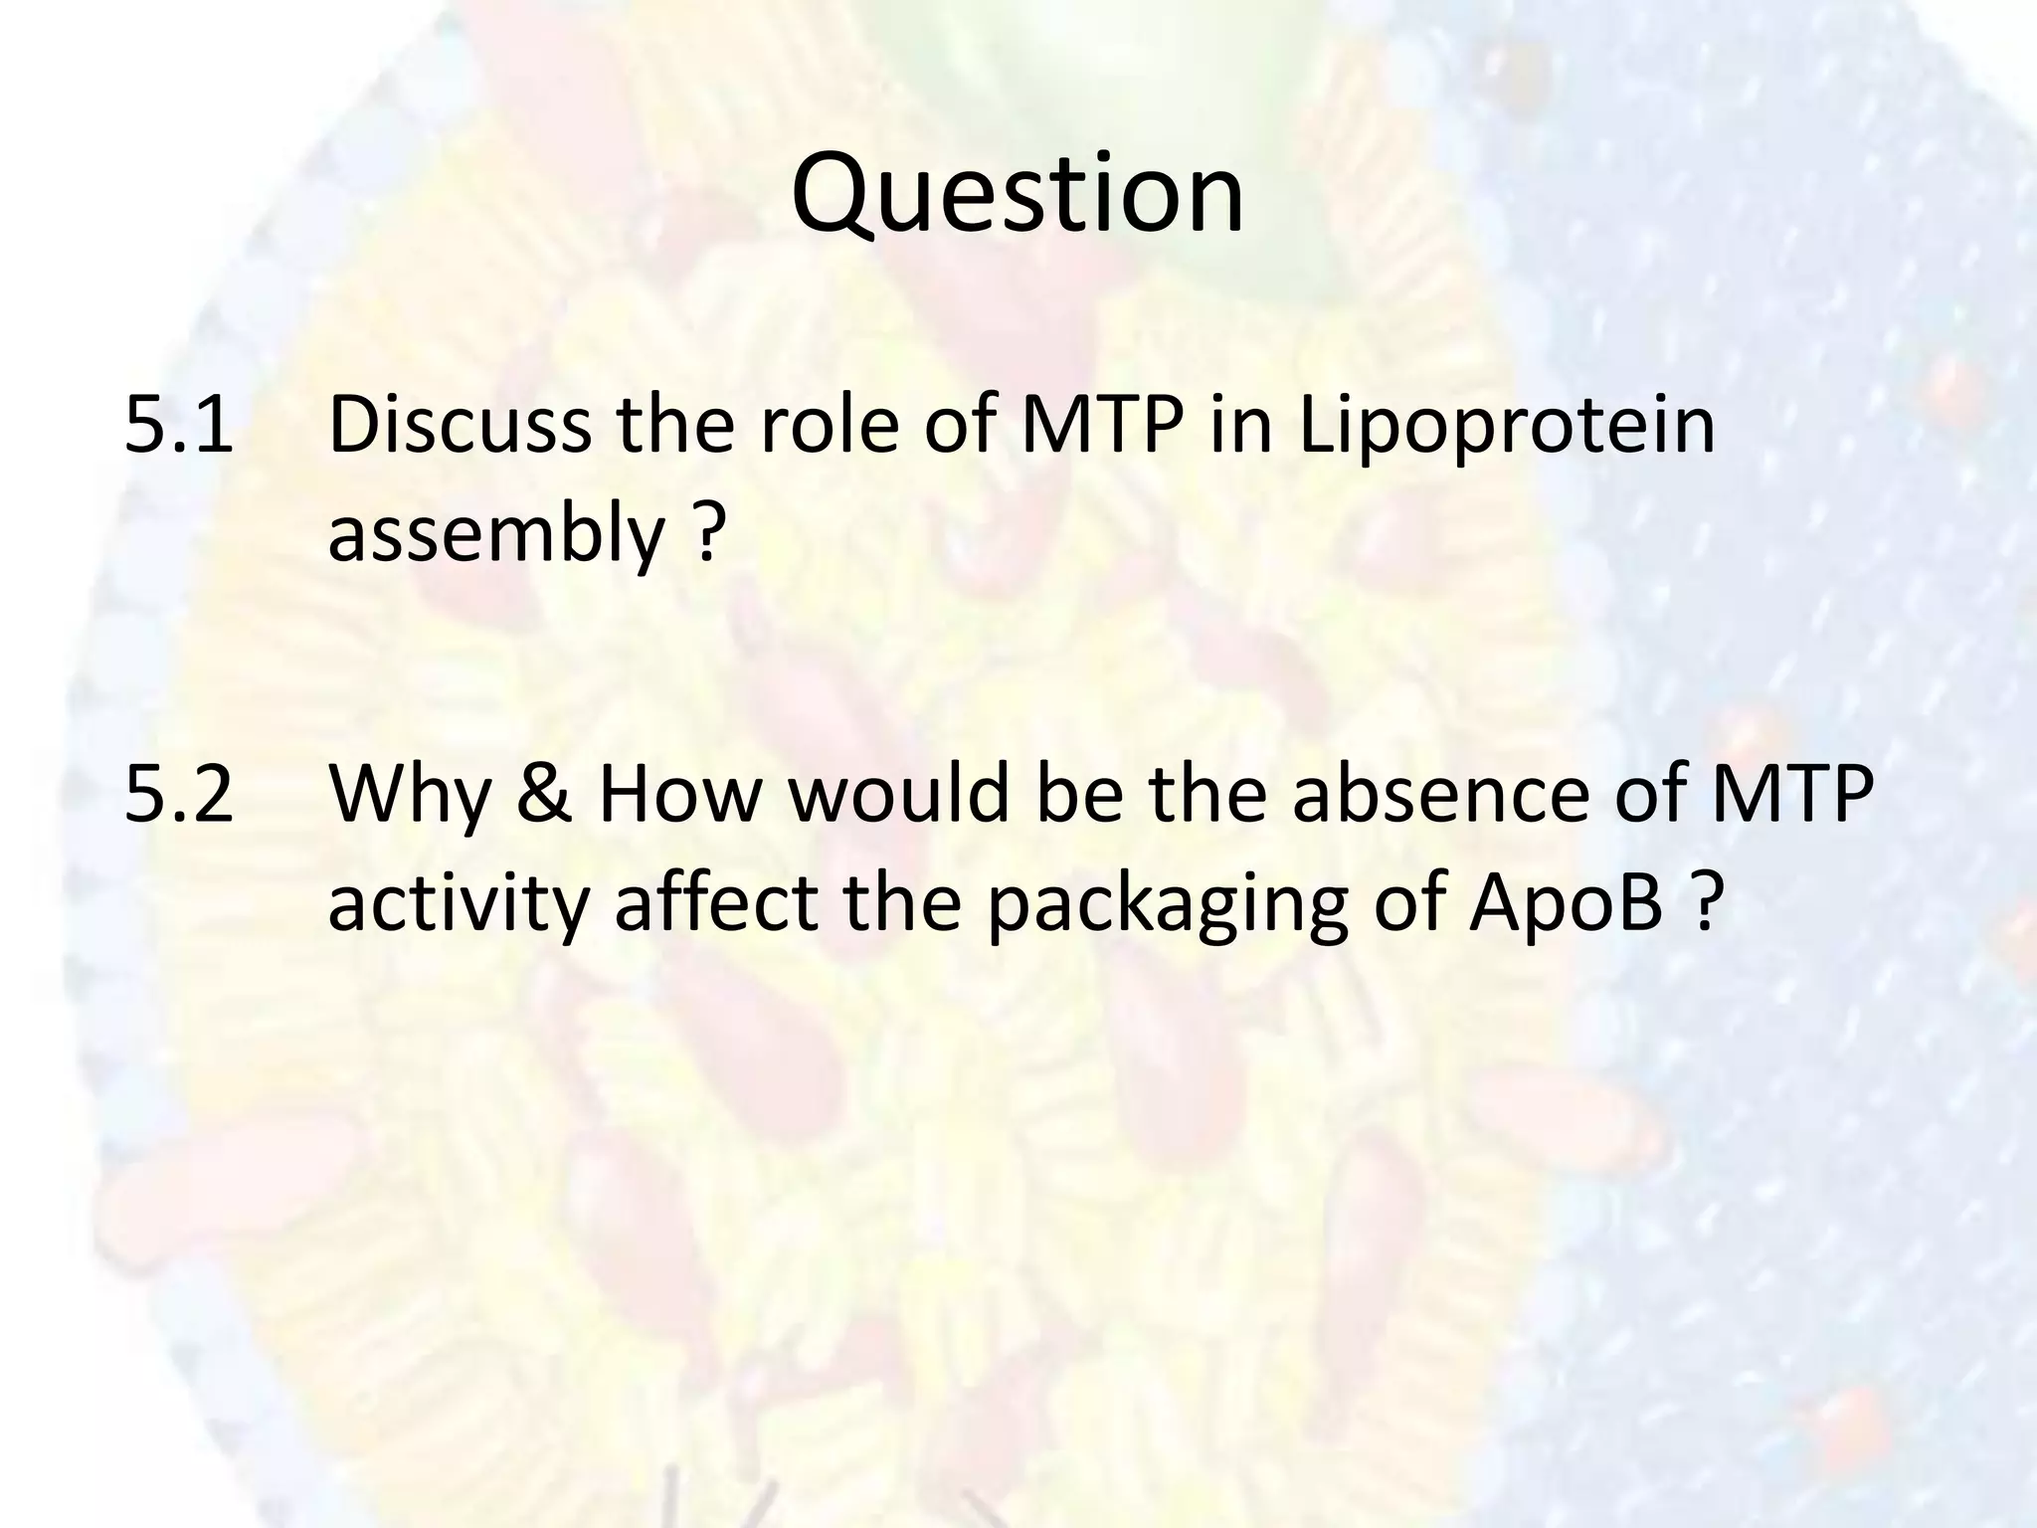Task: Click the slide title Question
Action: [x=1018, y=195]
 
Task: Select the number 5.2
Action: [x=179, y=796]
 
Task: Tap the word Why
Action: [x=411, y=796]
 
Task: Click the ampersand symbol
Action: [x=545, y=796]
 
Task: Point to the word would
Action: [x=899, y=796]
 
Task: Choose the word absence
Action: [x=1442, y=796]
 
